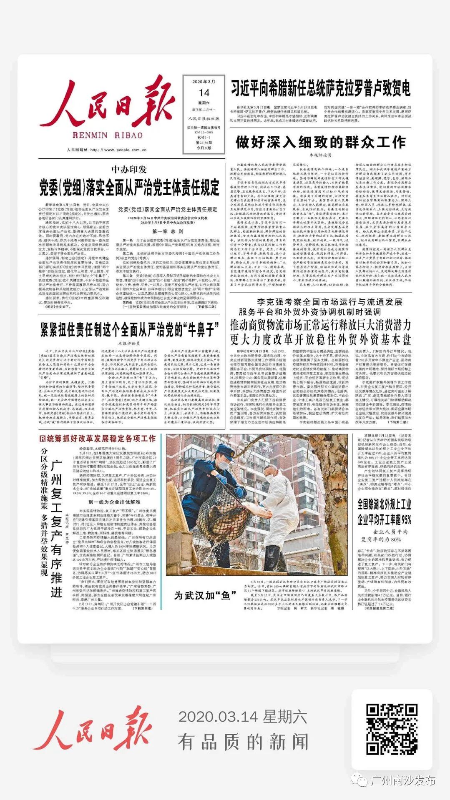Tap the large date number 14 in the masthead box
tap(204, 93)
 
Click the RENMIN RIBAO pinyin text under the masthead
tap(107, 135)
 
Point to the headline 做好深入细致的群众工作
tap(320, 142)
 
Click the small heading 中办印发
tap(129, 169)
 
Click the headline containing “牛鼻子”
tap(129, 330)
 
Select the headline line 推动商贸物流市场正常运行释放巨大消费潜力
tap(320, 325)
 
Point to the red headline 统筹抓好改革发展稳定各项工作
tap(98, 438)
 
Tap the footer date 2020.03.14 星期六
tap(243, 717)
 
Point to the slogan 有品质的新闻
tap(243, 742)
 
